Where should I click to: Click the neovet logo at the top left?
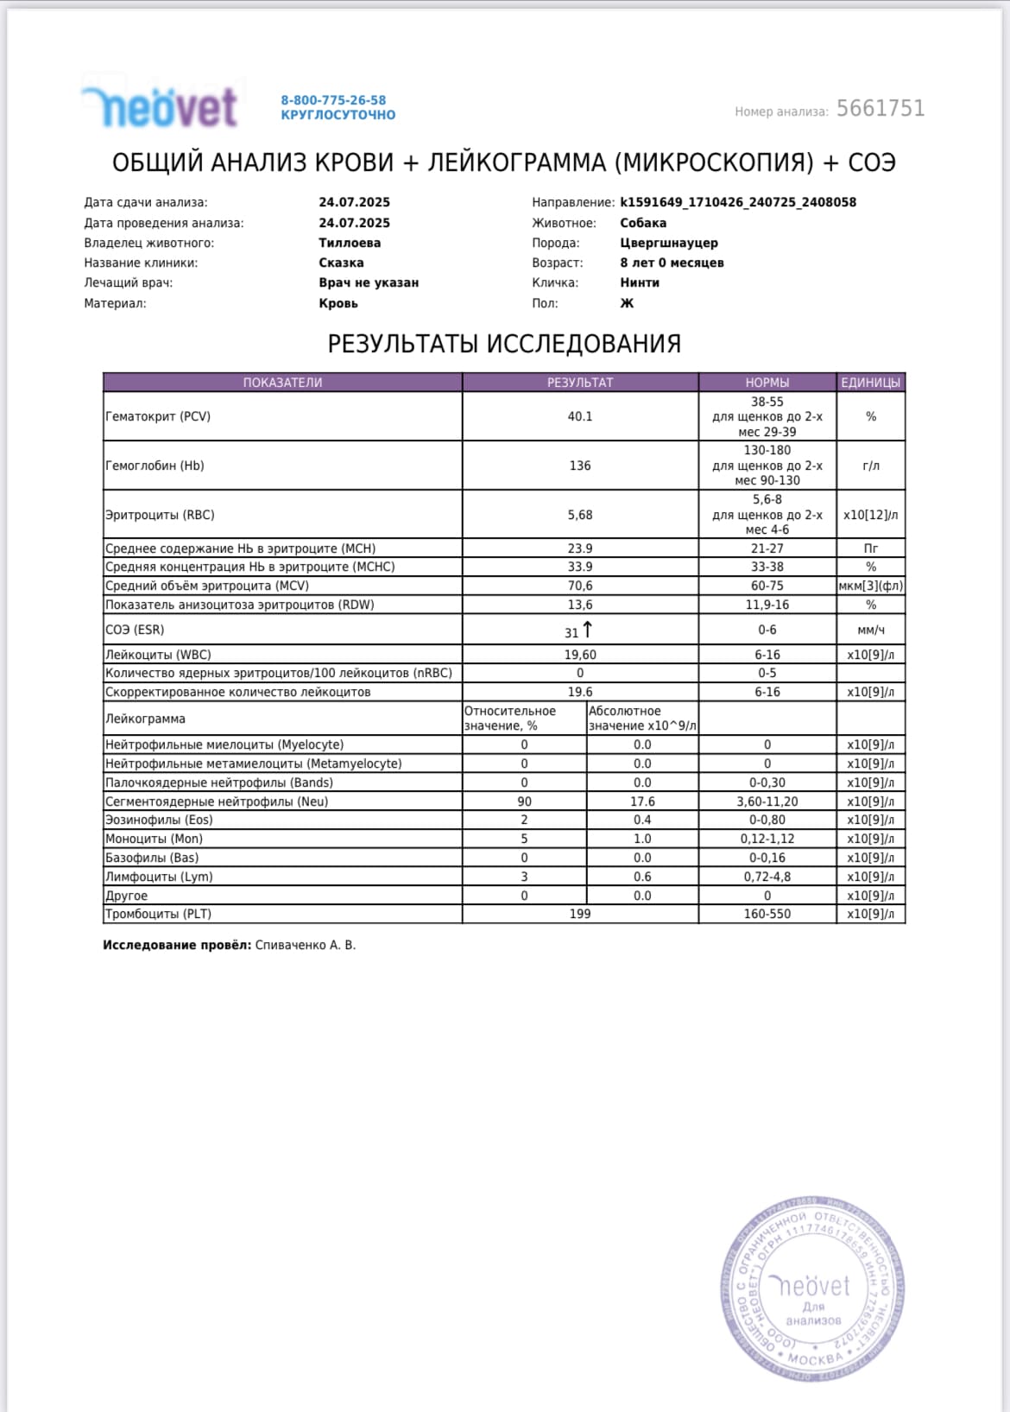(161, 107)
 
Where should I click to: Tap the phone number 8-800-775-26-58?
(333, 100)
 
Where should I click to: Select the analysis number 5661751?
(880, 109)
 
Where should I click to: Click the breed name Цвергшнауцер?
(668, 243)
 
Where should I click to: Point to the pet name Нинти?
(639, 282)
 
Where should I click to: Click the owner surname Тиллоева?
(350, 243)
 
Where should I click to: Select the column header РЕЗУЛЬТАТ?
(580, 383)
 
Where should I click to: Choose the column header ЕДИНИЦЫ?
(870, 383)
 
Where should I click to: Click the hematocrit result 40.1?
(580, 416)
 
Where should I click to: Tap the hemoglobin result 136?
(580, 465)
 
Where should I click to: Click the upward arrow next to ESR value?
(588, 629)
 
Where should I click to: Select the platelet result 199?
(580, 914)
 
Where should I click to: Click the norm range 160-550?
(767, 914)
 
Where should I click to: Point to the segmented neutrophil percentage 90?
(524, 801)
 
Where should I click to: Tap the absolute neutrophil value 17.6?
(642, 801)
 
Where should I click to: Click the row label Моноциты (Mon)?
(154, 839)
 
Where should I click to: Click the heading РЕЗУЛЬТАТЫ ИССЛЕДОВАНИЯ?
(504, 344)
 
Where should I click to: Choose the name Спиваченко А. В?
(305, 945)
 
